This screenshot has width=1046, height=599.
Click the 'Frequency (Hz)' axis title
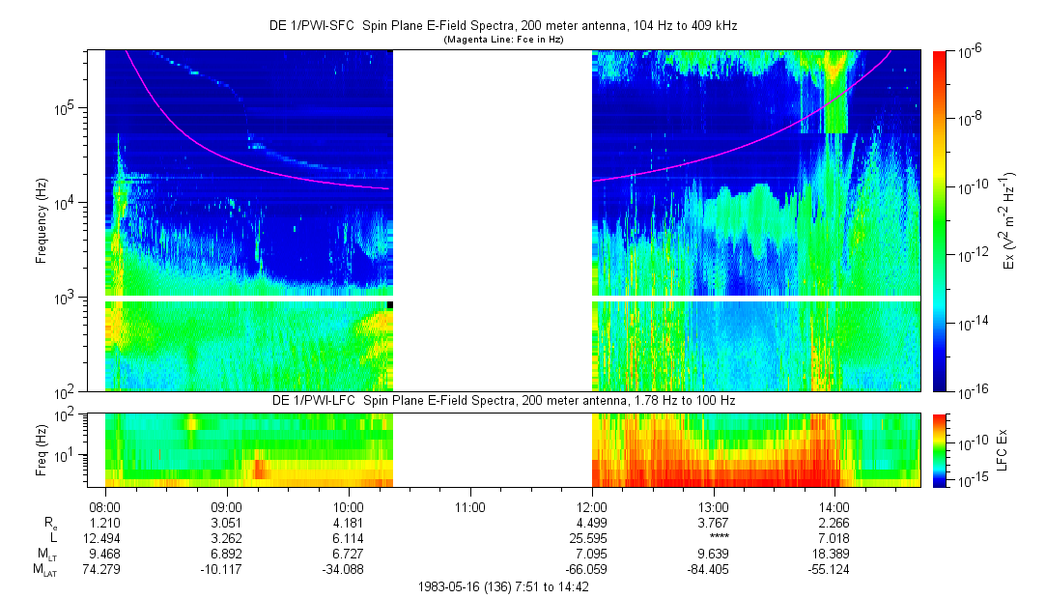[42, 221]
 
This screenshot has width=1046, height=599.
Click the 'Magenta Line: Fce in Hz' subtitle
[502, 40]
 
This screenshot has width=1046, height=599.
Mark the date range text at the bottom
[503, 586]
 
